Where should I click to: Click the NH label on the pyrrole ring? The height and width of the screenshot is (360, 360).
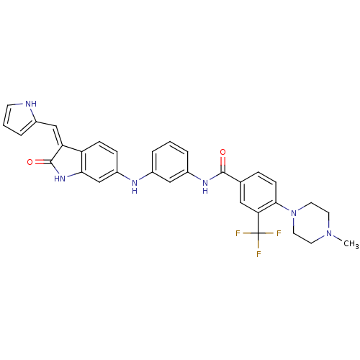tap(31, 104)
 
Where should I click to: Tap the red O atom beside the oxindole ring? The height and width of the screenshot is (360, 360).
tap(30, 162)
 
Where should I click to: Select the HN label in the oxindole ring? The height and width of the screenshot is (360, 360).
tap(60, 179)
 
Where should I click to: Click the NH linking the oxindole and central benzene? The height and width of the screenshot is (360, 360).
tap(135, 186)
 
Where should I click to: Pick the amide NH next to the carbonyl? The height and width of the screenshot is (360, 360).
tap(205, 186)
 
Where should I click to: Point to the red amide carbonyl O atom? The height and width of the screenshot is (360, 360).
tap(223, 152)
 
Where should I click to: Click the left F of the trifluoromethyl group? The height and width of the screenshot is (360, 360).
tap(238, 233)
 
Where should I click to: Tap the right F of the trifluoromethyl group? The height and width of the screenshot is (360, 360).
tap(279, 233)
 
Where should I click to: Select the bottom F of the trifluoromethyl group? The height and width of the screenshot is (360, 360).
tap(258, 254)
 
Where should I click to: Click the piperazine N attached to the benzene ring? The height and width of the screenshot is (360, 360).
tap(294, 213)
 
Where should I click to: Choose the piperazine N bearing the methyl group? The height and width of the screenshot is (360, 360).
tap(329, 233)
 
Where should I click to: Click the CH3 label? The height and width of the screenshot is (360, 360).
tap(351, 244)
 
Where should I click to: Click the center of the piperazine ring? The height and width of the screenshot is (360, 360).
tap(311, 223)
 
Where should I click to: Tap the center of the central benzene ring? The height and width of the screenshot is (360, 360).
tap(170, 162)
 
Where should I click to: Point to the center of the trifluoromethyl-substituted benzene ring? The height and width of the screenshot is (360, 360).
tap(258, 192)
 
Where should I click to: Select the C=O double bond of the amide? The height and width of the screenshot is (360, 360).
tap(223, 164)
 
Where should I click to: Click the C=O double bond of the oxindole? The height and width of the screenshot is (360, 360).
tap(42, 162)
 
